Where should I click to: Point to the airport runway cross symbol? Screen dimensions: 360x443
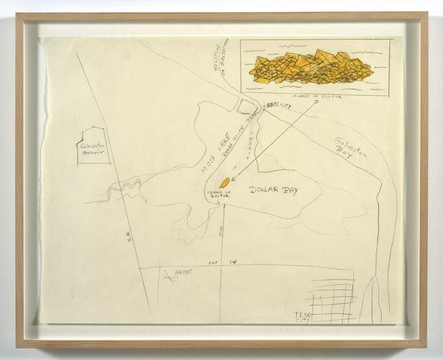click(169, 277)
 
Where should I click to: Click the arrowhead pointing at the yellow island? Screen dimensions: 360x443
click(232, 178)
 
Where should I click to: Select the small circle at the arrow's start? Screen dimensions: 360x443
click(316, 102)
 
